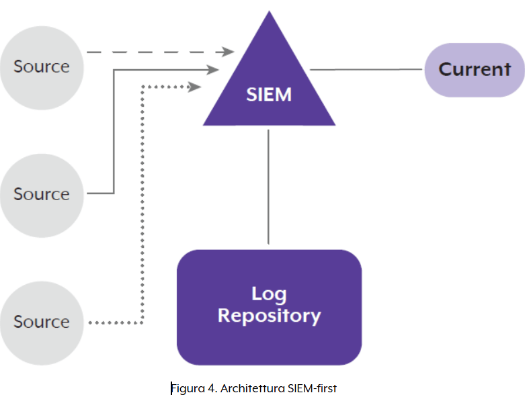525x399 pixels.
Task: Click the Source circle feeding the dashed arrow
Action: coord(41,66)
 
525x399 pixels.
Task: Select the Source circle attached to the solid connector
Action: coord(41,194)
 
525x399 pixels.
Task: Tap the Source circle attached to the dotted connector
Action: coord(41,322)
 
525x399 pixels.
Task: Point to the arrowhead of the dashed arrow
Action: coord(229,52)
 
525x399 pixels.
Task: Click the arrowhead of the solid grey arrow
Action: coord(214,69)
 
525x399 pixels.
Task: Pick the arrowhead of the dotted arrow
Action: coord(196,87)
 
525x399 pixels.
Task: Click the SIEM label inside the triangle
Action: coord(269,95)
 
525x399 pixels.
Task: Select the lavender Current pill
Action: coord(475,69)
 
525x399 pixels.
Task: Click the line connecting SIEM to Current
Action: coord(366,69)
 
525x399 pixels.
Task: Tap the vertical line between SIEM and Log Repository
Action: coord(269,186)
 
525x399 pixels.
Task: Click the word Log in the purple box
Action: coord(269,294)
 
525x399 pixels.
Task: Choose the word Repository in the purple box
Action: coord(269,316)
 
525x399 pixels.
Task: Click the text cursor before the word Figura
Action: coord(171,388)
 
